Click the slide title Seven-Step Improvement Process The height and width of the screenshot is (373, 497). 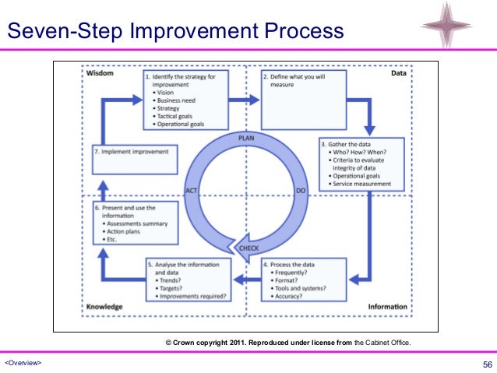tap(175, 31)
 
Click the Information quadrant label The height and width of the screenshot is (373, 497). tap(387, 307)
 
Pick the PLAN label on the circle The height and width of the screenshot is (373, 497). tap(246, 137)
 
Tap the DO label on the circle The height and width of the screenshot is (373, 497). tap(300, 190)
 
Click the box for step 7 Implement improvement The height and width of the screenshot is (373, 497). tap(130, 160)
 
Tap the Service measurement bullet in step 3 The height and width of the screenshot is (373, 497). tap(363, 183)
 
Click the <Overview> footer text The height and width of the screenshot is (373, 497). tap(23, 364)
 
